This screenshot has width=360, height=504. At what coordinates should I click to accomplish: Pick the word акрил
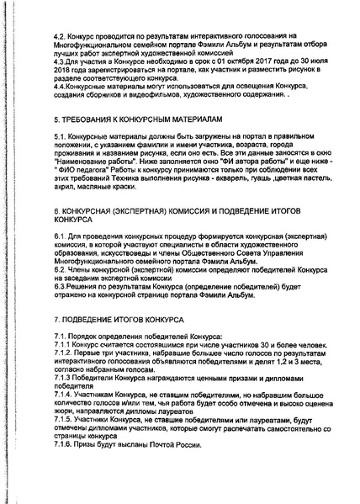click(x=62, y=190)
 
